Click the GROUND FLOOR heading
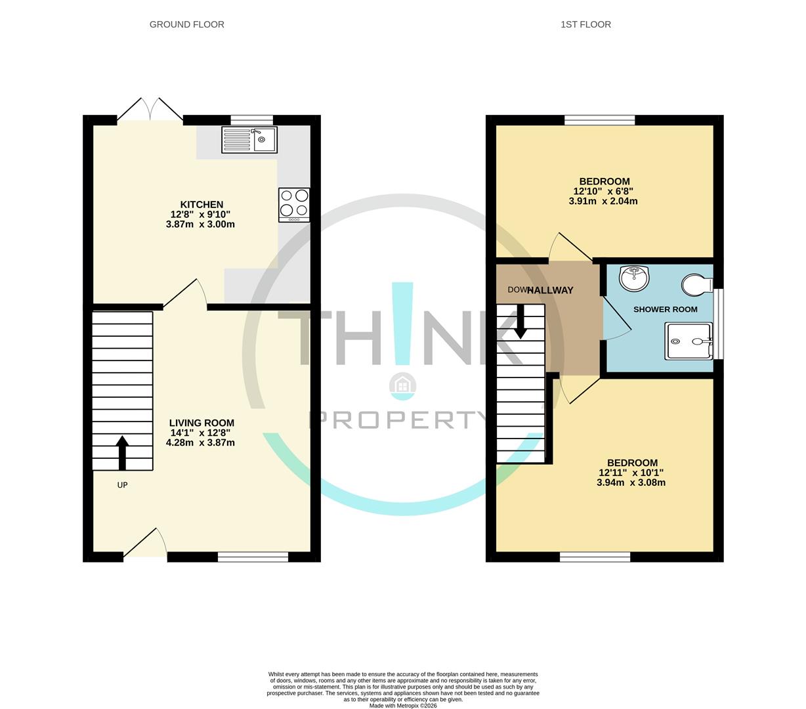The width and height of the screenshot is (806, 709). click(x=186, y=24)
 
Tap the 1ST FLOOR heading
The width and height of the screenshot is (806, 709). click(x=585, y=24)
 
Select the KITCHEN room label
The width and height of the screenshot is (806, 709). click(x=201, y=205)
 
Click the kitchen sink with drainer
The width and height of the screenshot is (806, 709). click(x=249, y=139)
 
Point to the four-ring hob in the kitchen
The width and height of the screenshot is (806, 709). click(x=293, y=202)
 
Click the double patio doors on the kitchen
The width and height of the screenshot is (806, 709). click(x=150, y=110)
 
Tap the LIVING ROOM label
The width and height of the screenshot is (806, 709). click(x=201, y=423)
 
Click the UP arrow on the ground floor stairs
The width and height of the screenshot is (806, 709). click(x=122, y=453)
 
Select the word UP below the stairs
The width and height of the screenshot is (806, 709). click(x=122, y=485)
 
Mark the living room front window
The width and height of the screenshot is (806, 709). click(x=253, y=557)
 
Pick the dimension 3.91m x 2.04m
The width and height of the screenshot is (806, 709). click(x=603, y=202)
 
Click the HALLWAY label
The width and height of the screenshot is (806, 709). click(x=550, y=290)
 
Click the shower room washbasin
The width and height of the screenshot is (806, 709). click(x=633, y=278)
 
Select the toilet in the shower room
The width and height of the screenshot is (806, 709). click(x=696, y=285)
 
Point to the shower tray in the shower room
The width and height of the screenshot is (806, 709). click(x=689, y=341)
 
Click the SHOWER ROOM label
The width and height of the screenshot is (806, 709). click(x=665, y=309)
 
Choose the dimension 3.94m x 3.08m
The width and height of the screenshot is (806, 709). click(x=631, y=483)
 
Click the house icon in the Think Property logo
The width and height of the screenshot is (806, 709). click(x=402, y=386)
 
